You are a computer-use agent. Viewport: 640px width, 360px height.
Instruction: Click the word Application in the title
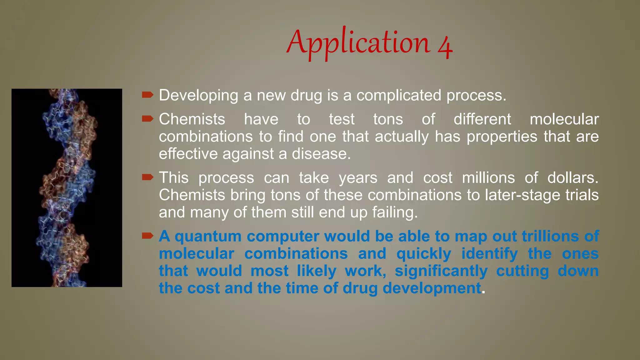[x=358, y=43]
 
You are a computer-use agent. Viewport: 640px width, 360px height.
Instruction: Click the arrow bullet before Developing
[x=147, y=95]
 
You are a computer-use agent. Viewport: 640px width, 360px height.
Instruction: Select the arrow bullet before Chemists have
[x=147, y=119]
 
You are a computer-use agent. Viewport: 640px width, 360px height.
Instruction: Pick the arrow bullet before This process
[x=147, y=177]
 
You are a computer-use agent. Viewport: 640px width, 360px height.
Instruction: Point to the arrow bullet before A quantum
[x=147, y=236]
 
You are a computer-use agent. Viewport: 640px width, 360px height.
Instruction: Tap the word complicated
[x=399, y=96]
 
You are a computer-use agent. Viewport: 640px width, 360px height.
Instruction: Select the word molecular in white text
[x=564, y=119]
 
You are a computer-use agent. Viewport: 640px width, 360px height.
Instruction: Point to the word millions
[x=488, y=178]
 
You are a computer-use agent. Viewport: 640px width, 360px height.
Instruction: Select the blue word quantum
[x=208, y=237]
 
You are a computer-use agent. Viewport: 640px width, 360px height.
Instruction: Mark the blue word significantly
[x=441, y=271]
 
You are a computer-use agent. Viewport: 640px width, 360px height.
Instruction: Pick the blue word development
[x=432, y=288]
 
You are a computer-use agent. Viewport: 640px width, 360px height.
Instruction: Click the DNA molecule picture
[x=67, y=187]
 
